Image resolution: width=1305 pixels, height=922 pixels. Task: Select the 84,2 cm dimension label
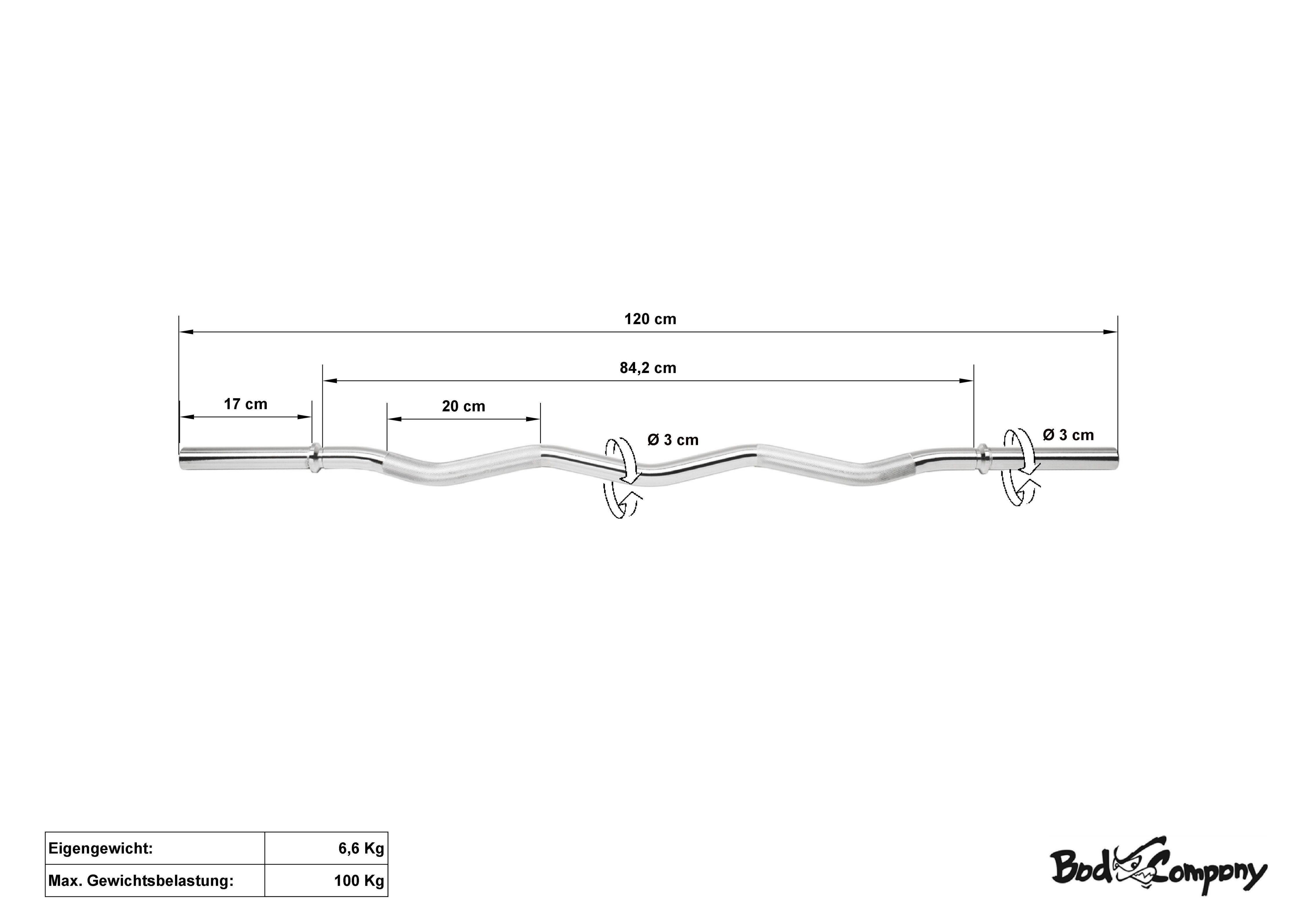click(648, 368)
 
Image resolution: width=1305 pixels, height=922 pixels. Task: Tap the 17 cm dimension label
click(246, 404)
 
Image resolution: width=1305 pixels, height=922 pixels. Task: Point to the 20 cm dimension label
click(464, 406)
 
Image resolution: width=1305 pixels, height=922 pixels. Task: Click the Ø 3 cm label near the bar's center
click(673, 440)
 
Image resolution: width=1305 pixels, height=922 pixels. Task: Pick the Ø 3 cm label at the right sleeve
click(1068, 435)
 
